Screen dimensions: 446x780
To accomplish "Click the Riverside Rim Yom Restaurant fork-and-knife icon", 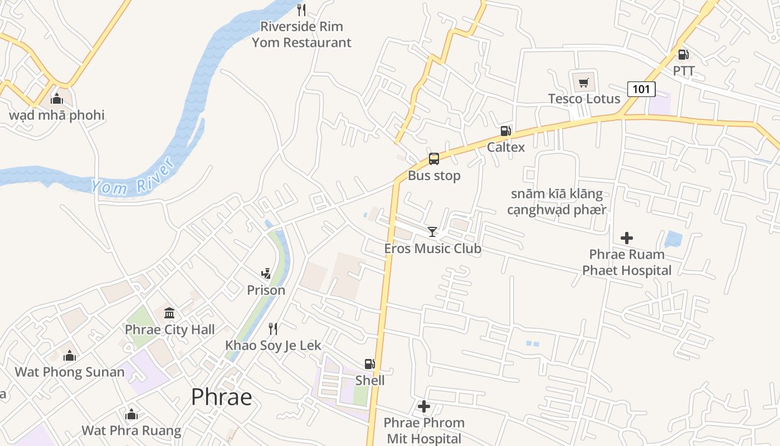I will (x=301, y=9).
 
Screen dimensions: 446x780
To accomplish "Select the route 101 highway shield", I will (x=641, y=89).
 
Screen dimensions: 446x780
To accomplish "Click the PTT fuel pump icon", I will (x=683, y=55).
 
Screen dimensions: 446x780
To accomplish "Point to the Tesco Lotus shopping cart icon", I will (x=583, y=83).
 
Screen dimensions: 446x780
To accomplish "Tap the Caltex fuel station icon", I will (x=505, y=131).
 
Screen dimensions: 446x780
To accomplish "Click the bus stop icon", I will (x=434, y=159).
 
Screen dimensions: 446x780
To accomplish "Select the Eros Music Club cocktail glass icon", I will (x=432, y=231).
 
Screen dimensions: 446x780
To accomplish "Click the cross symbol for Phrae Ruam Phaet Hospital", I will (x=627, y=238).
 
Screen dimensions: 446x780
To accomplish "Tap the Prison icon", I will (x=266, y=274).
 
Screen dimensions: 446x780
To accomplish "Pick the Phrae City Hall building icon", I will (x=169, y=313).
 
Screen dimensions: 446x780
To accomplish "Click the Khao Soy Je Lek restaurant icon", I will (x=273, y=328).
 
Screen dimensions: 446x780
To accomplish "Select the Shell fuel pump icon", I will (x=369, y=364).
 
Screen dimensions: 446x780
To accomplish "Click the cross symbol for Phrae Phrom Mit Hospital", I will (x=424, y=406).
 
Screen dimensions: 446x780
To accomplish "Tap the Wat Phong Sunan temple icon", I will (x=70, y=355).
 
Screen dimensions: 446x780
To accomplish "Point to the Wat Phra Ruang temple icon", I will (x=131, y=414).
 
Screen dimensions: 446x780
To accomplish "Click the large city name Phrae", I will (x=221, y=397).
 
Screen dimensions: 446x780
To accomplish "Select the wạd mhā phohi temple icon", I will (x=56, y=99).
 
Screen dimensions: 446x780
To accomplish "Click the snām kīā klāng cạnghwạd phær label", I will (x=557, y=202).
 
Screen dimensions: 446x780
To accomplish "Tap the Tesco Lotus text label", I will (x=584, y=99).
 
